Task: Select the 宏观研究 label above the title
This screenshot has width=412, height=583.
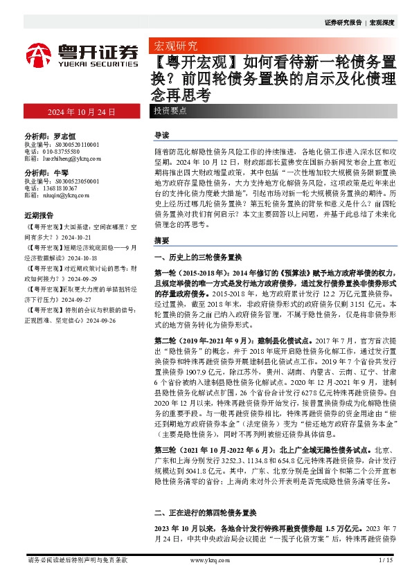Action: (x=174, y=46)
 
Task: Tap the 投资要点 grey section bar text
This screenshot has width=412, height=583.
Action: (x=170, y=111)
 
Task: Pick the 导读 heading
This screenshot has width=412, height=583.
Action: (x=161, y=135)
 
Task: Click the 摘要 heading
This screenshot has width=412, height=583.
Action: (x=161, y=241)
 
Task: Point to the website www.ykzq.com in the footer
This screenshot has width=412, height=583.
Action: (x=207, y=560)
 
